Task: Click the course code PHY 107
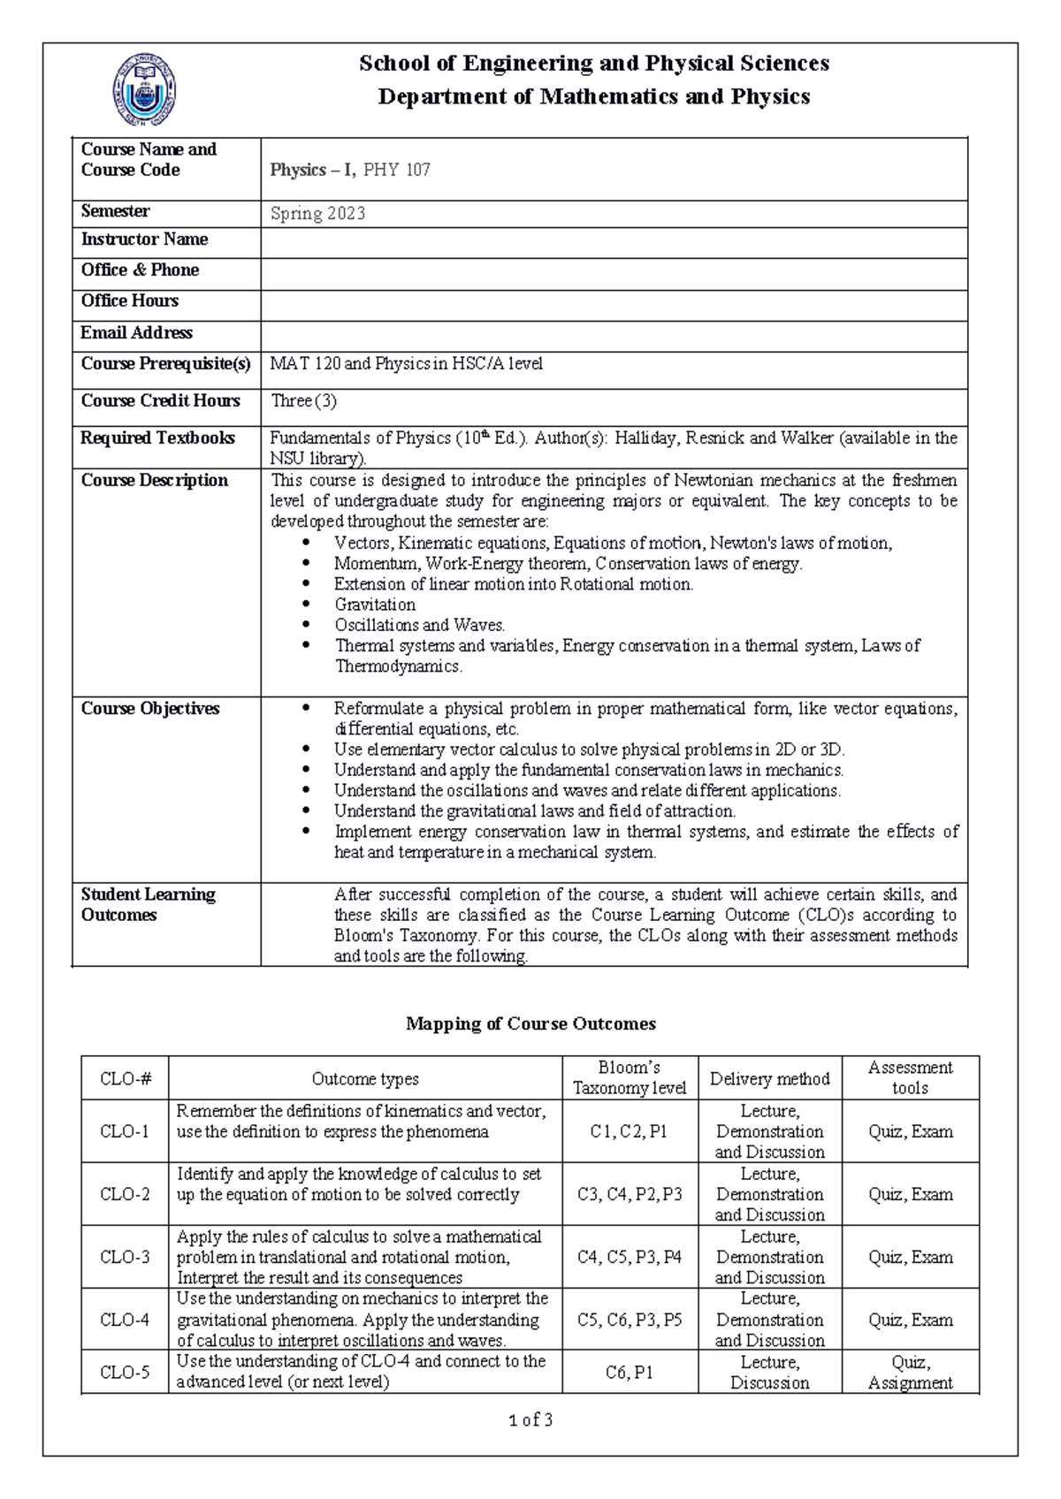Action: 396,171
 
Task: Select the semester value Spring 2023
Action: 317,214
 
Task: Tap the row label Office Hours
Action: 130,301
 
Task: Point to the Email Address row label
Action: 136,333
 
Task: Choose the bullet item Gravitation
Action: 375,605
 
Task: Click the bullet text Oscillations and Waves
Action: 419,625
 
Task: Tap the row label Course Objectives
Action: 150,709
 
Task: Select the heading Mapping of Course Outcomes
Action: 530,1023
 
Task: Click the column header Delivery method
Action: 769,1078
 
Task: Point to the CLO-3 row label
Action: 125,1257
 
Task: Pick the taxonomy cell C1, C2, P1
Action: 629,1131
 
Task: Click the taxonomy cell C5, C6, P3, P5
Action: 629,1320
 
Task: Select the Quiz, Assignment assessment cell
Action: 910,1373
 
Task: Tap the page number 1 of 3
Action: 530,1420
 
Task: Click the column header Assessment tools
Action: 910,1078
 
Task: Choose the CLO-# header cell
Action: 125,1078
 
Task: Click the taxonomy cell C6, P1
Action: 629,1373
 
